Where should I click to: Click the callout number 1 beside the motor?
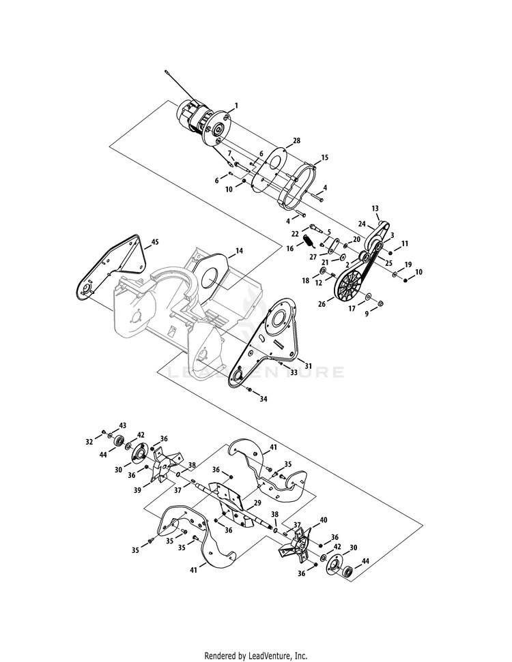[236, 105]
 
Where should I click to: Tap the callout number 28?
[297, 140]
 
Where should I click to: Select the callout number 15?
[324, 157]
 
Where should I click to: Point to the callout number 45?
[155, 242]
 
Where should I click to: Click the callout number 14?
[239, 251]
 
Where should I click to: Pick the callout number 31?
[309, 365]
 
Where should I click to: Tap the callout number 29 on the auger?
[257, 502]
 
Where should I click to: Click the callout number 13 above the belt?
[375, 208]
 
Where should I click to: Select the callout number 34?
[264, 399]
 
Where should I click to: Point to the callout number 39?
[137, 490]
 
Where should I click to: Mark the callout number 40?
[324, 520]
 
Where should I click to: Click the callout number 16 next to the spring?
[289, 249]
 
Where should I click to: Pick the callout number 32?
[89, 442]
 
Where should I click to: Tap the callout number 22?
[296, 234]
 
